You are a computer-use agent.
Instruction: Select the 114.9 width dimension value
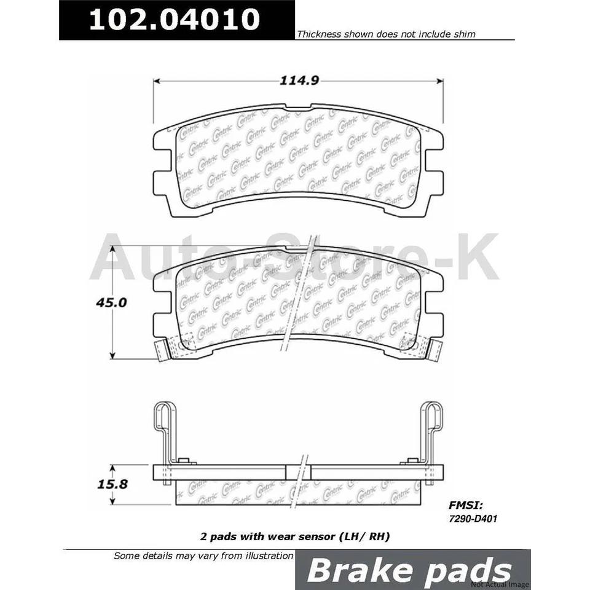click(x=298, y=80)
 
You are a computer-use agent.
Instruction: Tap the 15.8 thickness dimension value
click(x=112, y=484)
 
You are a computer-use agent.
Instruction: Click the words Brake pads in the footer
click(x=409, y=571)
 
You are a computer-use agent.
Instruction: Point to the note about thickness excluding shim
click(x=386, y=34)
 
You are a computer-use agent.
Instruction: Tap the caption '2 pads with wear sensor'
click(x=295, y=537)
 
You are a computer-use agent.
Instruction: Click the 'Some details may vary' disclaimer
click(x=203, y=556)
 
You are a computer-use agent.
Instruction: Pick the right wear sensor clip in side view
click(x=431, y=430)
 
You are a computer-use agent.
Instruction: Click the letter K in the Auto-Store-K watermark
click(x=476, y=257)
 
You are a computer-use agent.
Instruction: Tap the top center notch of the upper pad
click(x=298, y=111)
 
